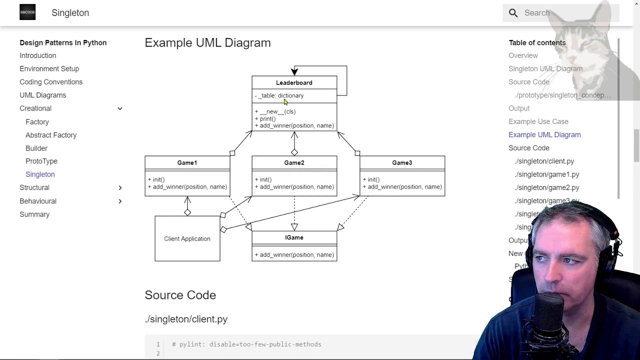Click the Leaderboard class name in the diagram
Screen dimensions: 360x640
pos(294,82)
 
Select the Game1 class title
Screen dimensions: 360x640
pos(187,162)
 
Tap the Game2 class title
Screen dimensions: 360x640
pos(294,162)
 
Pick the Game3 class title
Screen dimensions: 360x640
pos(402,162)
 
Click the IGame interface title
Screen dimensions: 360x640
pos(294,237)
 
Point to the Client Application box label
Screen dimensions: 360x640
pos(187,238)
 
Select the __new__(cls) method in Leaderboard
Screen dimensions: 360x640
pos(277,111)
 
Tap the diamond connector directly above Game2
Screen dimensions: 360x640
pos(294,152)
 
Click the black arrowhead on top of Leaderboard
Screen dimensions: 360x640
pos(294,72)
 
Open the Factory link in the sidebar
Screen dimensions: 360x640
pos(37,122)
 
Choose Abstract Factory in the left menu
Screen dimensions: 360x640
pos(51,135)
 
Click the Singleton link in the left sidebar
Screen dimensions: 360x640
pos(40,174)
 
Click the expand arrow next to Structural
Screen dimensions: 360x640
pos(120,187)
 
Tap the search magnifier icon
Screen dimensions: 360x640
pos(513,13)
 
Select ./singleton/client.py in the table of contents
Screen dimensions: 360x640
pos(544,161)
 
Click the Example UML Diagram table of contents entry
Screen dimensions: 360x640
pos(544,134)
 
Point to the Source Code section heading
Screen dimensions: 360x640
pos(180,295)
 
